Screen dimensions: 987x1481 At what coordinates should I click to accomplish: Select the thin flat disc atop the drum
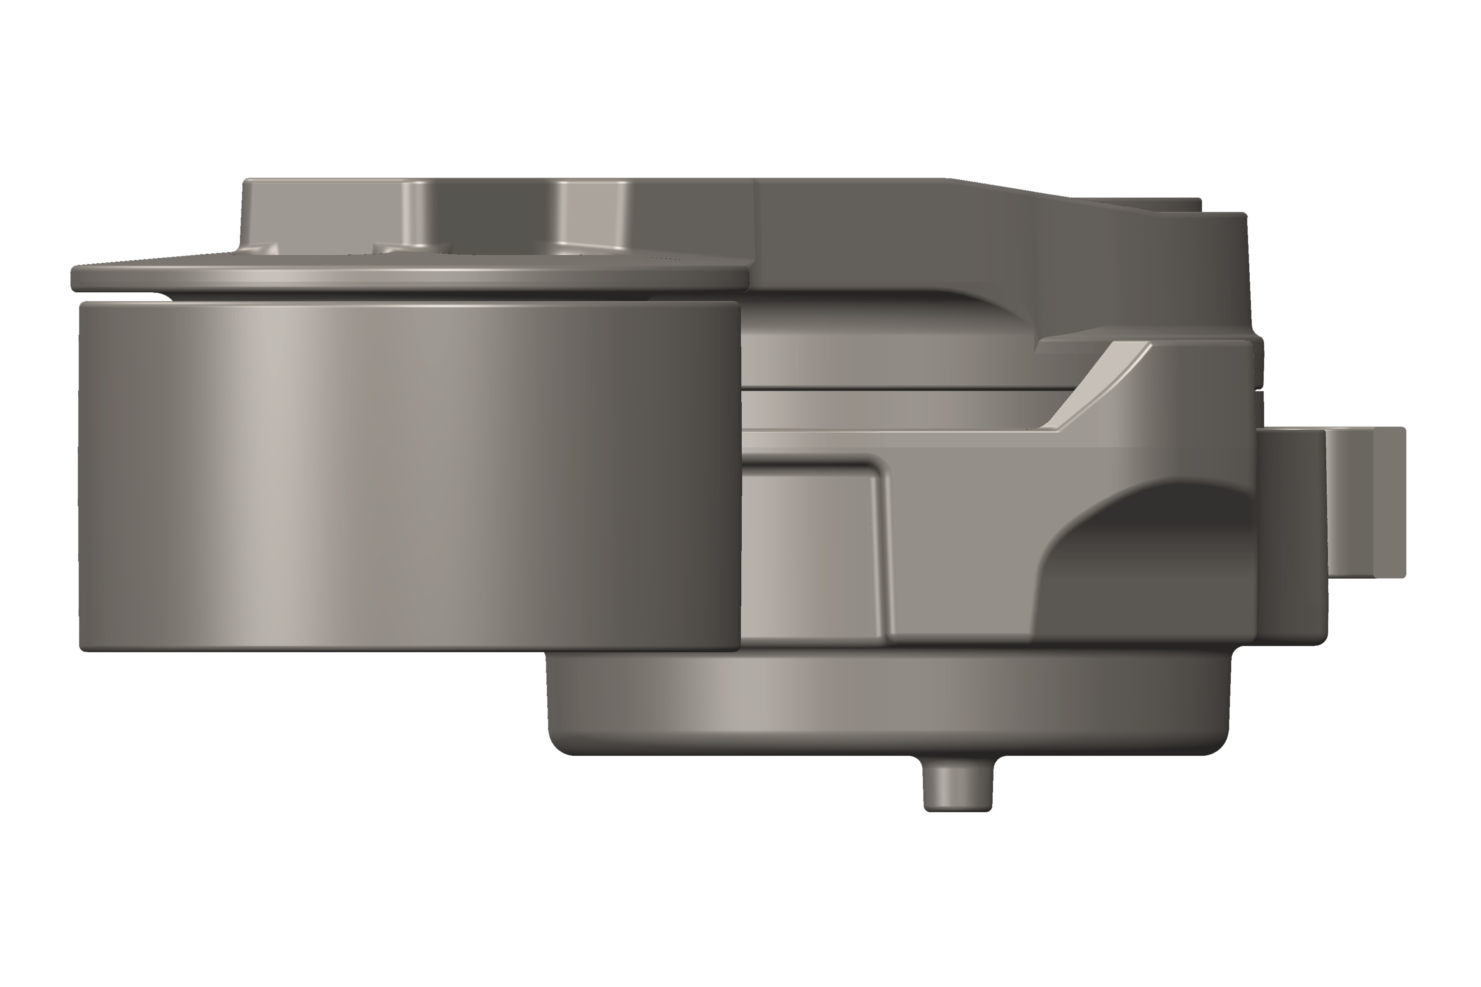[409, 277]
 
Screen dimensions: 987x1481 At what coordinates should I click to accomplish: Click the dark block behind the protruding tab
[1291, 535]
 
